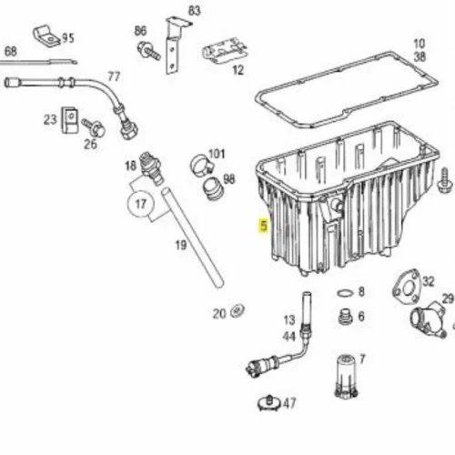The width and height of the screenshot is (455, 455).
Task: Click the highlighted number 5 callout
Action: pos(264,226)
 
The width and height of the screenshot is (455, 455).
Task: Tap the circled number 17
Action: pos(140,204)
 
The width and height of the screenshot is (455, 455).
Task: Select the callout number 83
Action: pos(195,11)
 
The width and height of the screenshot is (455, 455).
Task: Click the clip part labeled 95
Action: pos(46,35)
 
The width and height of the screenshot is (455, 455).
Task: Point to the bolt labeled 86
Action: pos(148,51)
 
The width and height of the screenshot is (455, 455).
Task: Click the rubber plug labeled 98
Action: pos(212,188)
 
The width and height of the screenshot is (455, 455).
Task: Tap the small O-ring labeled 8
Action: pos(345,293)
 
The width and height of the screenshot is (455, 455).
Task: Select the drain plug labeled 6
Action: pos(345,318)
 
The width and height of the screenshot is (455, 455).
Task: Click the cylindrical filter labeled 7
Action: pos(346,376)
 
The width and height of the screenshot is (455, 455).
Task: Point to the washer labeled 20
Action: pos(238,311)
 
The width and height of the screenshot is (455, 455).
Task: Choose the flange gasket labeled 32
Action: pos(407,287)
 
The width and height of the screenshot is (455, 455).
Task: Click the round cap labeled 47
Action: pos(268,403)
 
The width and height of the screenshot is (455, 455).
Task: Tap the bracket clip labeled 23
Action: pos(70,120)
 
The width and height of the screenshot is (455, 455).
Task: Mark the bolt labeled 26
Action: pos(94,127)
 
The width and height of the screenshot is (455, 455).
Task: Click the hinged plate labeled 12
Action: pos(225,51)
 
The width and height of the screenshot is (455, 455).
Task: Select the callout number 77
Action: pos(114,76)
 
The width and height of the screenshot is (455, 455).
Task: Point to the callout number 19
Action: pos(181,245)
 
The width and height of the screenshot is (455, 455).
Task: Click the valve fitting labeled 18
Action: pos(150,168)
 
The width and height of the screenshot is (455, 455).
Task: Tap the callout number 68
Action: pos(11,51)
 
